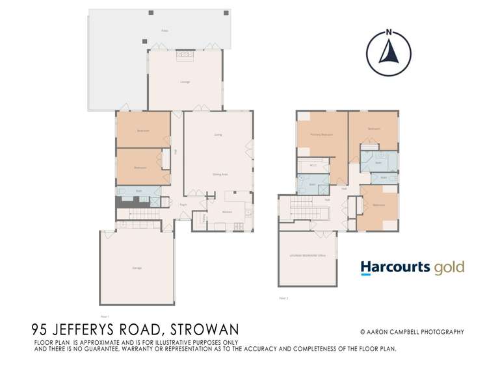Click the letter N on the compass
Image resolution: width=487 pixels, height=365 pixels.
pyautogui.click(x=388, y=32)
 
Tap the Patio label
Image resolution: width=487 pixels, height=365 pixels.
pyautogui.click(x=165, y=31)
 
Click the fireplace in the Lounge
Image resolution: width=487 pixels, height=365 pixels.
pyautogui.click(x=186, y=57)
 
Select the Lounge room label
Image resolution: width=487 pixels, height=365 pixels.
pyautogui.click(x=185, y=82)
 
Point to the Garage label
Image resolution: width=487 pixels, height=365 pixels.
pyautogui.click(x=137, y=268)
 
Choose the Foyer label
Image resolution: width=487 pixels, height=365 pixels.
pyautogui.click(x=184, y=204)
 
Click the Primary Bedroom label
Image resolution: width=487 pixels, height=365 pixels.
pyautogui.click(x=322, y=134)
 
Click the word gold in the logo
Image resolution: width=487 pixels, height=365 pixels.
pyautogui.click(x=451, y=266)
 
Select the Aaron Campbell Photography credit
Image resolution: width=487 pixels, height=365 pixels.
pyautogui.click(x=412, y=332)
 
